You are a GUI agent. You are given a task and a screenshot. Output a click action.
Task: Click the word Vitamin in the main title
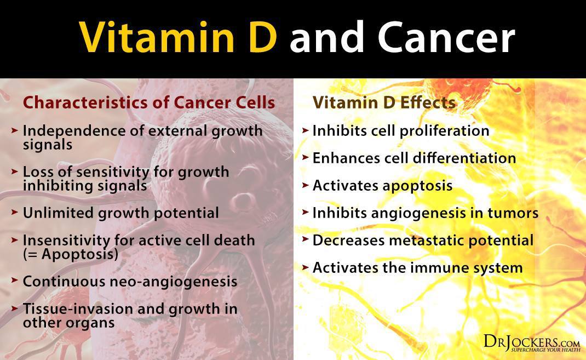(x=157, y=37)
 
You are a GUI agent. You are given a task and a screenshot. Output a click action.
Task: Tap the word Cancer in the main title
(x=446, y=37)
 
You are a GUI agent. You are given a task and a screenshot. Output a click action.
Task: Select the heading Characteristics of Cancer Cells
(x=149, y=102)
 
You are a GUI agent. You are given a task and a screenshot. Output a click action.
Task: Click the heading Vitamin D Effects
(x=384, y=102)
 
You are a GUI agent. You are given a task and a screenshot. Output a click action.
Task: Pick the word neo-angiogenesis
(x=173, y=282)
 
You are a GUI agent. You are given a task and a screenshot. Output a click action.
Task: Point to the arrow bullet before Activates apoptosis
(x=306, y=185)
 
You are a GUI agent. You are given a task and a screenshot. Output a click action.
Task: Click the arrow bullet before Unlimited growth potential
(x=15, y=212)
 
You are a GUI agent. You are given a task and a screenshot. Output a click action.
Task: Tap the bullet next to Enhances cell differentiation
(x=306, y=157)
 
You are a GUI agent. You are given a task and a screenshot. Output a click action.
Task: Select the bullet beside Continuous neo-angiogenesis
(x=15, y=281)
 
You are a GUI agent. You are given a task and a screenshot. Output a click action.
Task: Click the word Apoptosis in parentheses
(x=77, y=255)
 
